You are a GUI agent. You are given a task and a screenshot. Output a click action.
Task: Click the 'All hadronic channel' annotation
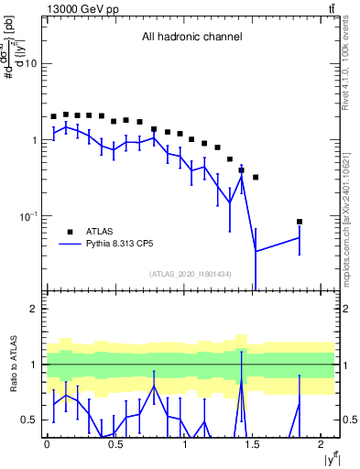191,38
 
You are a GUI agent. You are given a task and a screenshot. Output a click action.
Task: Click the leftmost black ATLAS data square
53,117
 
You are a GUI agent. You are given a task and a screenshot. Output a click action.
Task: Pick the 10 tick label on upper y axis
32,64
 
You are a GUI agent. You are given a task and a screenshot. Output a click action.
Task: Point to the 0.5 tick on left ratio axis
32,420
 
